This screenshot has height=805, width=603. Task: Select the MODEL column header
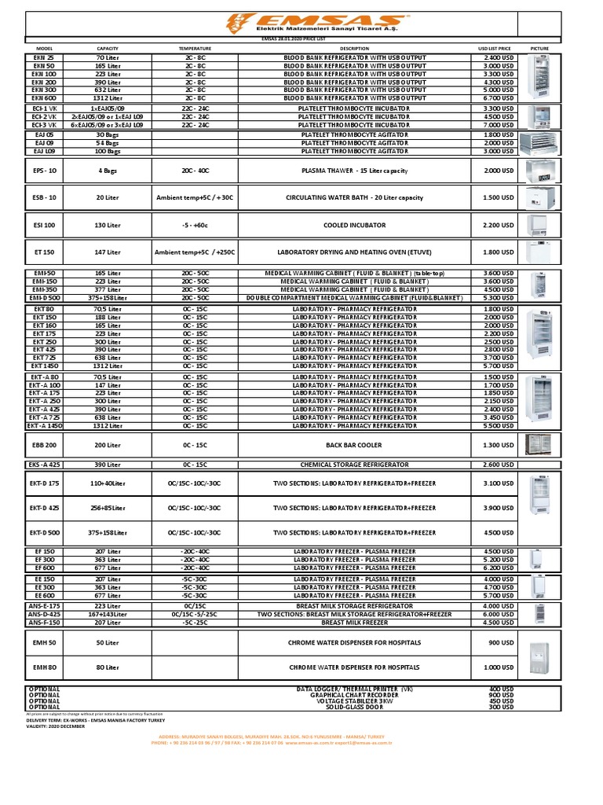click(43, 48)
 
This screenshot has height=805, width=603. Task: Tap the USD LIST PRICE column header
click(494, 48)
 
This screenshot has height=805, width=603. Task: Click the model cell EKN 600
click(43, 98)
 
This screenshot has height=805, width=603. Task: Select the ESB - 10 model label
click(43, 197)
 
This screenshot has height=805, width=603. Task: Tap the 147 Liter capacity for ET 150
click(108, 252)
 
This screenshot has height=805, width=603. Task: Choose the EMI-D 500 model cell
click(43, 298)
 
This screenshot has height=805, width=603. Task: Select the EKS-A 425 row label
click(43, 465)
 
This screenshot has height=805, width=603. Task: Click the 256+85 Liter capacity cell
click(108, 508)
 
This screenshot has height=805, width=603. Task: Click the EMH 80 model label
click(43, 667)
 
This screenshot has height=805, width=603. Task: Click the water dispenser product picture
click(539, 655)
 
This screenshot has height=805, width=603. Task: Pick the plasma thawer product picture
click(539, 170)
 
